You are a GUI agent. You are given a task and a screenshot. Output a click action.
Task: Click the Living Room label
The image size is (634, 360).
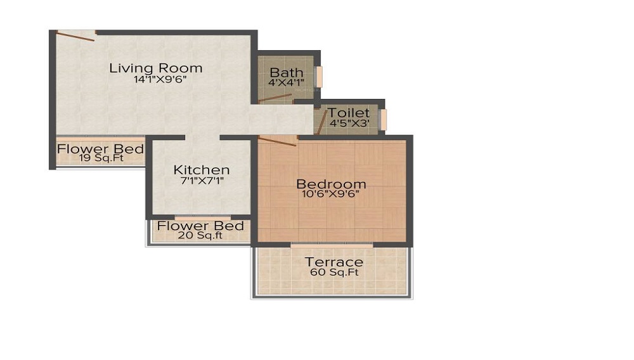point(155,68)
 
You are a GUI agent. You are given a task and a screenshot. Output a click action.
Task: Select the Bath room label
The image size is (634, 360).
point(286,72)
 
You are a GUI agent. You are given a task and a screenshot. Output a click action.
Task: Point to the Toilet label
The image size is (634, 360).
point(348,113)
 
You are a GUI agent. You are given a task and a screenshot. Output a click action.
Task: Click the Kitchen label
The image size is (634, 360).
point(202,170)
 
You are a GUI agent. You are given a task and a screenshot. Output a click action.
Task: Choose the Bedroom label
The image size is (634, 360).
point(331,184)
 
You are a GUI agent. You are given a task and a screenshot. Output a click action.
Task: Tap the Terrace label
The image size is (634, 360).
point(334,262)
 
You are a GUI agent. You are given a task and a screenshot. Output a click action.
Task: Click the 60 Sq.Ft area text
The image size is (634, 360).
point(334,273)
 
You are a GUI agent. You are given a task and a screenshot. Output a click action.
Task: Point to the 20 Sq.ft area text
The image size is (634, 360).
point(200,236)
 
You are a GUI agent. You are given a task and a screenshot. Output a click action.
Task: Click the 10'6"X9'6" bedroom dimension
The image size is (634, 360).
point(331,195)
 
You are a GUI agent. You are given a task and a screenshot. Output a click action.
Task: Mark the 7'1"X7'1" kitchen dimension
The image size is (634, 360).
point(202,181)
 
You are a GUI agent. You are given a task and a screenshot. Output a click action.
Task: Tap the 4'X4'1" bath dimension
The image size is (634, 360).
point(286,83)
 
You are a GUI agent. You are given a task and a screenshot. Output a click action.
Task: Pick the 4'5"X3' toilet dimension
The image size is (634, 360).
point(348,123)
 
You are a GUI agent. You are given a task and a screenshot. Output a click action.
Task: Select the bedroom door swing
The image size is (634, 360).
point(278,141)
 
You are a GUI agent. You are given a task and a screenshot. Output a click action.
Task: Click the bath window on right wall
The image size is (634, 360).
point(320,77)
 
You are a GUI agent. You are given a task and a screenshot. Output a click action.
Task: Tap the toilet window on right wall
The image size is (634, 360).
point(382,119)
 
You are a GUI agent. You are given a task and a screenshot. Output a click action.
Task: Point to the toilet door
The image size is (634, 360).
point(321,122)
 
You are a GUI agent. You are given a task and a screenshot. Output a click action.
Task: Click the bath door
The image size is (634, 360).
point(275,98)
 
